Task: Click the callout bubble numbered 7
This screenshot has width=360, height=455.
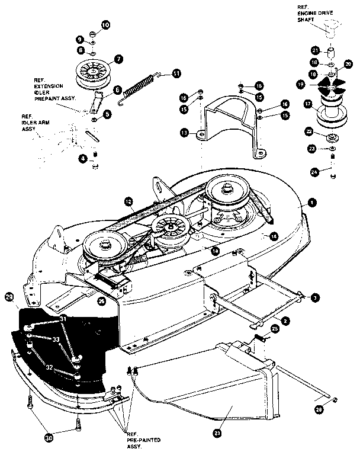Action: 118,59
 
